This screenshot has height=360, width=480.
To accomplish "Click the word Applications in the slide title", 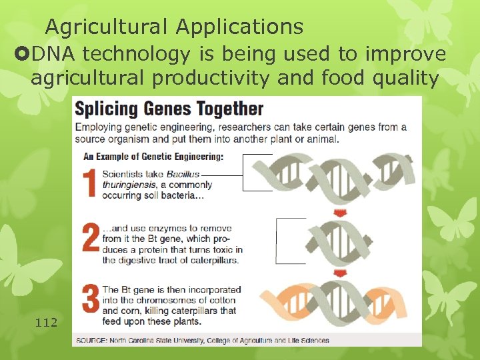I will [239, 27].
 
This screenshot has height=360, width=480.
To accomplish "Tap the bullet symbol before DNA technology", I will [19, 53].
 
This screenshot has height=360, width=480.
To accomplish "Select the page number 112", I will [47, 323].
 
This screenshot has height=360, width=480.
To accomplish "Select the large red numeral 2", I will [90, 239].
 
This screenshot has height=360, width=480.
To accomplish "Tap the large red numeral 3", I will [91, 298].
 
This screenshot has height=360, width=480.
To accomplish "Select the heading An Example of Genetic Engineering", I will [153, 157].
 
